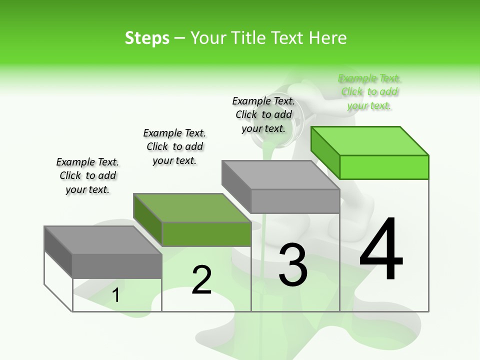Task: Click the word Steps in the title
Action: (x=147, y=38)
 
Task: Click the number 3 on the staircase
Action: (x=292, y=265)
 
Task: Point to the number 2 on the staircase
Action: (x=201, y=280)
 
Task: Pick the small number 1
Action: (x=116, y=295)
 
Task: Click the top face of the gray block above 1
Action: (x=103, y=240)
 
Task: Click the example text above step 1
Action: (x=87, y=176)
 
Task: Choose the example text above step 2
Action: (x=174, y=147)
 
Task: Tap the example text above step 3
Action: (x=263, y=115)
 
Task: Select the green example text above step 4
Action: (x=369, y=92)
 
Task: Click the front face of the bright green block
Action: (x=384, y=167)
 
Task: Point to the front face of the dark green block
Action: (x=206, y=234)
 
